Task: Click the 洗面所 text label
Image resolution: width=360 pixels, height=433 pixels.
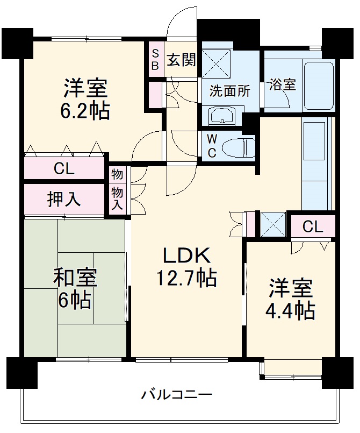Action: (x=229, y=91)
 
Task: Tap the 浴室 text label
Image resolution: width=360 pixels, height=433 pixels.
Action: (x=282, y=84)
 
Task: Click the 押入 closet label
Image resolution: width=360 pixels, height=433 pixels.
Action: (x=64, y=200)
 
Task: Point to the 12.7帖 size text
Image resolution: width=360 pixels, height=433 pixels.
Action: (x=186, y=278)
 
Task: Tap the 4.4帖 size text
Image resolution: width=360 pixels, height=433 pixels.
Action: (x=291, y=311)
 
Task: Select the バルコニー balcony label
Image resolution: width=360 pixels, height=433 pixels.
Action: (x=177, y=395)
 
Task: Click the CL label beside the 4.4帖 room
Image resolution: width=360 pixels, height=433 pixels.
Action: (x=313, y=226)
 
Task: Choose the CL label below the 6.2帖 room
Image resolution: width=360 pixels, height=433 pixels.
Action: (x=64, y=169)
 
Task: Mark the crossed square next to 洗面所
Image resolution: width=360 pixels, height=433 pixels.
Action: (x=217, y=61)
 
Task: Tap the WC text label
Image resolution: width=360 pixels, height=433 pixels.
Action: (x=212, y=146)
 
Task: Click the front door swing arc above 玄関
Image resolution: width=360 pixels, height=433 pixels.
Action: (x=179, y=23)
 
